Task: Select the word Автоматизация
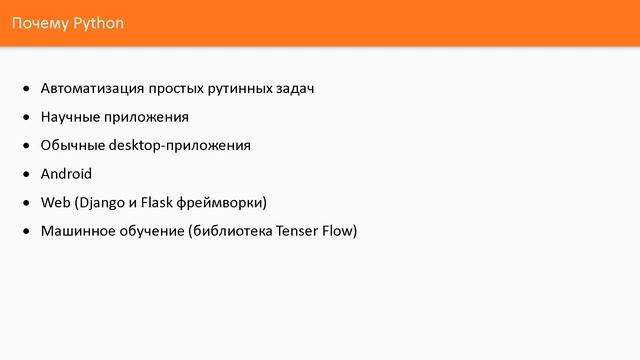[89, 89]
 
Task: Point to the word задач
[294, 89]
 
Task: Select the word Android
[66, 173]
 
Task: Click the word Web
[54, 202]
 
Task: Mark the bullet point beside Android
[27, 174]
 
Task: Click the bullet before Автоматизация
[27, 90]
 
